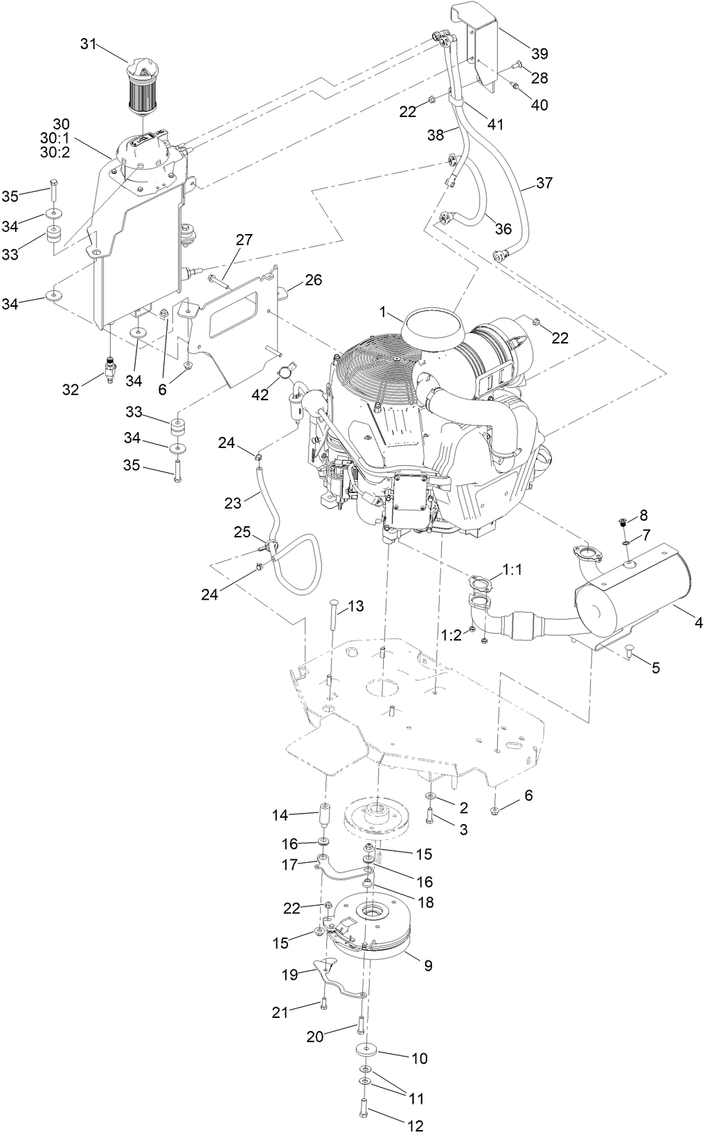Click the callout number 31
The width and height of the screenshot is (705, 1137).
87,44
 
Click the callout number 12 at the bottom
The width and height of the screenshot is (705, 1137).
415,1126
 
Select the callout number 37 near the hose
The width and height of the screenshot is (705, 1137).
544,183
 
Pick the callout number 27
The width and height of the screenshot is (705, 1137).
244,240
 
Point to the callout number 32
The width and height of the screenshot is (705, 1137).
71,390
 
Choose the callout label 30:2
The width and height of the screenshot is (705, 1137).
56,153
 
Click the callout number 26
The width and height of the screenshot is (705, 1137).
313,280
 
